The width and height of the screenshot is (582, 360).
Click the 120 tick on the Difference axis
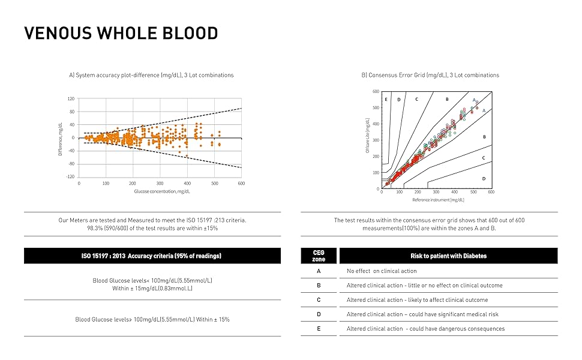71,98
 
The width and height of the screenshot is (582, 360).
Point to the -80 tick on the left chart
71,164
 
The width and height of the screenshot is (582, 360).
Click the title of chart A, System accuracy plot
151,75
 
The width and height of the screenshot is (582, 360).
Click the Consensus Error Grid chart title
430,75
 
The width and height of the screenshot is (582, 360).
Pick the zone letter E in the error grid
386,99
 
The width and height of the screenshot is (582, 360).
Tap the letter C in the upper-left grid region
416,99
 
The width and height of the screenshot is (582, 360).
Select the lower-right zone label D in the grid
484,179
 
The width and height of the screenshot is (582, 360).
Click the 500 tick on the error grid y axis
376,108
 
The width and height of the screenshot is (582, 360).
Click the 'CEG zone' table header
319,256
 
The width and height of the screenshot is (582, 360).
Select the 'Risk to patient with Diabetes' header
448,256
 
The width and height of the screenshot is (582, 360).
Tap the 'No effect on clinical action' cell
382,271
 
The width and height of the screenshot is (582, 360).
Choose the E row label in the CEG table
319,328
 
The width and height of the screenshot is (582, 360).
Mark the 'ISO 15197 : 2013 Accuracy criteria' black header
151,256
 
